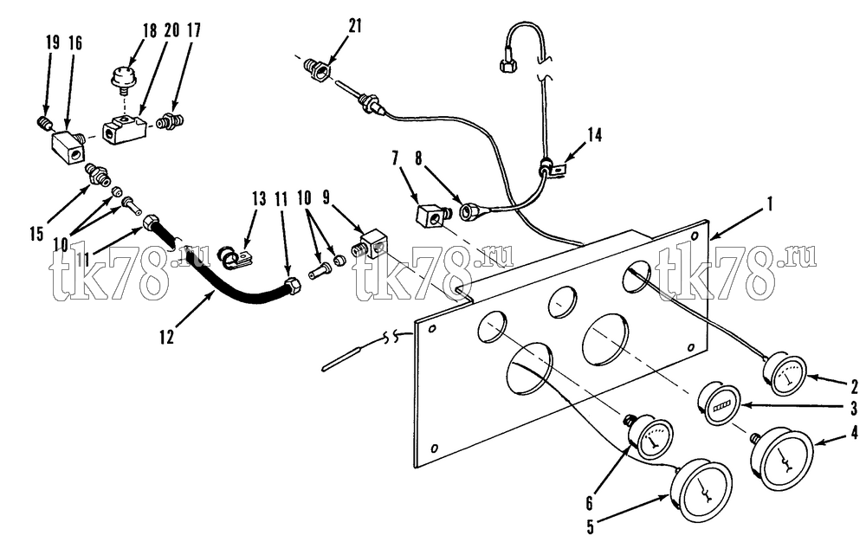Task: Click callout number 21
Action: [355, 26]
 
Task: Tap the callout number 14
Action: [595, 135]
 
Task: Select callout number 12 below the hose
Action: [167, 336]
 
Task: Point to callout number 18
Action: [150, 29]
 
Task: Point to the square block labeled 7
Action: [430, 216]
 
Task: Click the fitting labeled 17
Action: [170, 121]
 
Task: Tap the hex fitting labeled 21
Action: [316, 69]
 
